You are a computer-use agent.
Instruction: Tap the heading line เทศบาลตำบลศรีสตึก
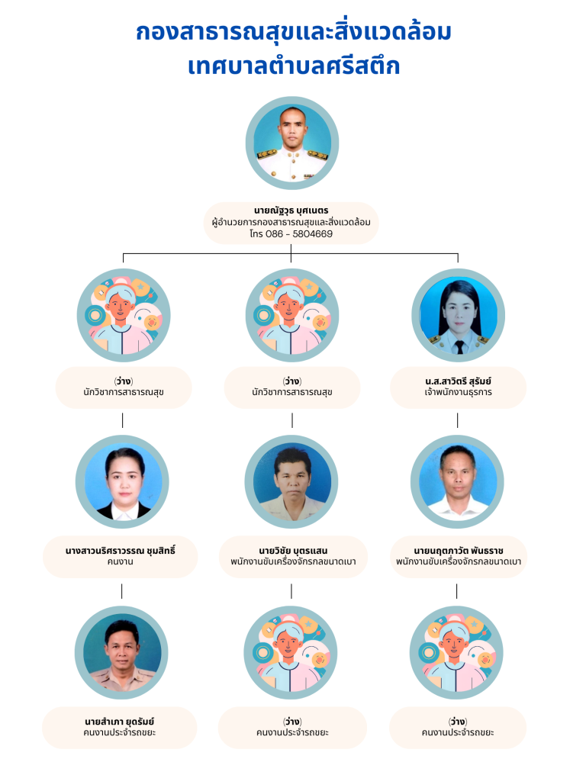294,66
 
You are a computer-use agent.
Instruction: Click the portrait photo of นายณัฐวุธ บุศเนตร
292,143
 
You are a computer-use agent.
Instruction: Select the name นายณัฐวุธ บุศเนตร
291,211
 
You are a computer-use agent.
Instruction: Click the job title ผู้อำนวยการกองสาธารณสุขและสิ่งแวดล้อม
291,223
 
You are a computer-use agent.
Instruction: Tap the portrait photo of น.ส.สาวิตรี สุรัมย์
459,315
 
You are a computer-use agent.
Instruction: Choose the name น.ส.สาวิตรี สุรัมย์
458,381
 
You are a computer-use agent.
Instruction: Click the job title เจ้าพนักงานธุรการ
458,392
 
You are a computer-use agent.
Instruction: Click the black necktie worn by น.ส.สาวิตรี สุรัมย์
459,347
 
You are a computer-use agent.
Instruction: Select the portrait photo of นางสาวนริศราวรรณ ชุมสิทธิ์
122,482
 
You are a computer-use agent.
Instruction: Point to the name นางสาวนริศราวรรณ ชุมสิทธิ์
120,551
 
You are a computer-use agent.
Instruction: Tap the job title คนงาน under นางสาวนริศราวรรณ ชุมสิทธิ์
120,562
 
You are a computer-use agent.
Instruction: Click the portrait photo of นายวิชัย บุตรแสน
291,482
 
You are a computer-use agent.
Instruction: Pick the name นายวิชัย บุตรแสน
293,551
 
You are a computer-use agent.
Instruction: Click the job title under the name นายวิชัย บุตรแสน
293,562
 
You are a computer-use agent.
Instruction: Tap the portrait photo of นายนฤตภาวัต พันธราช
457,482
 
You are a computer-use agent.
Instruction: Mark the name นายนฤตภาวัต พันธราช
459,551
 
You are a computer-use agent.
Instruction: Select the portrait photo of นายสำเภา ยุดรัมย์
121,653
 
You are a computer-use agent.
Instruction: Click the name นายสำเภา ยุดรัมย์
119,722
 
